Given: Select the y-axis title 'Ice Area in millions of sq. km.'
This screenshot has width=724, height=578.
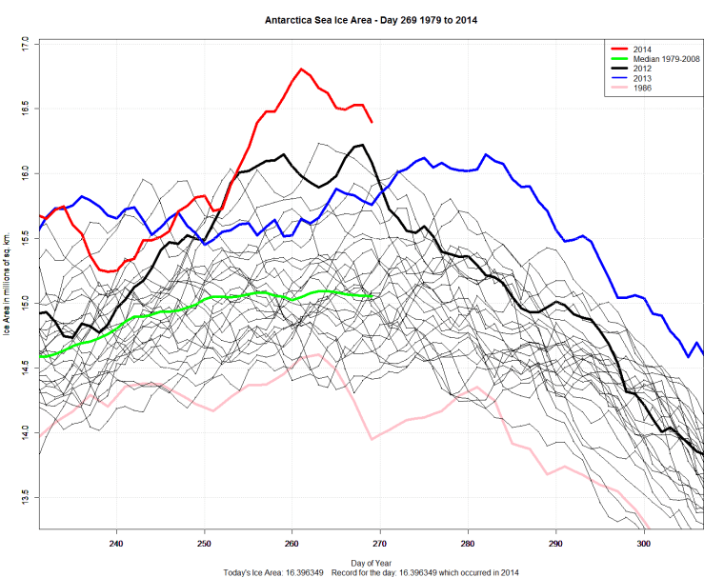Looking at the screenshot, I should pyautogui.click(x=8, y=286).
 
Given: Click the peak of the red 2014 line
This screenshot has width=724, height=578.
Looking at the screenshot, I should pyautogui.click(x=301, y=69).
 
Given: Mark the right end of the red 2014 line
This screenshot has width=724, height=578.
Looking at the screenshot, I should pyautogui.click(x=372, y=122).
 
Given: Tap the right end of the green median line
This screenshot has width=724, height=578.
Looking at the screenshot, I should pyautogui.click(x=372, y=296).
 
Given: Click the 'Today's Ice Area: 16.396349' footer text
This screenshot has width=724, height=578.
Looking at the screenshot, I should pyautogui.click(x=273, y=572).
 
